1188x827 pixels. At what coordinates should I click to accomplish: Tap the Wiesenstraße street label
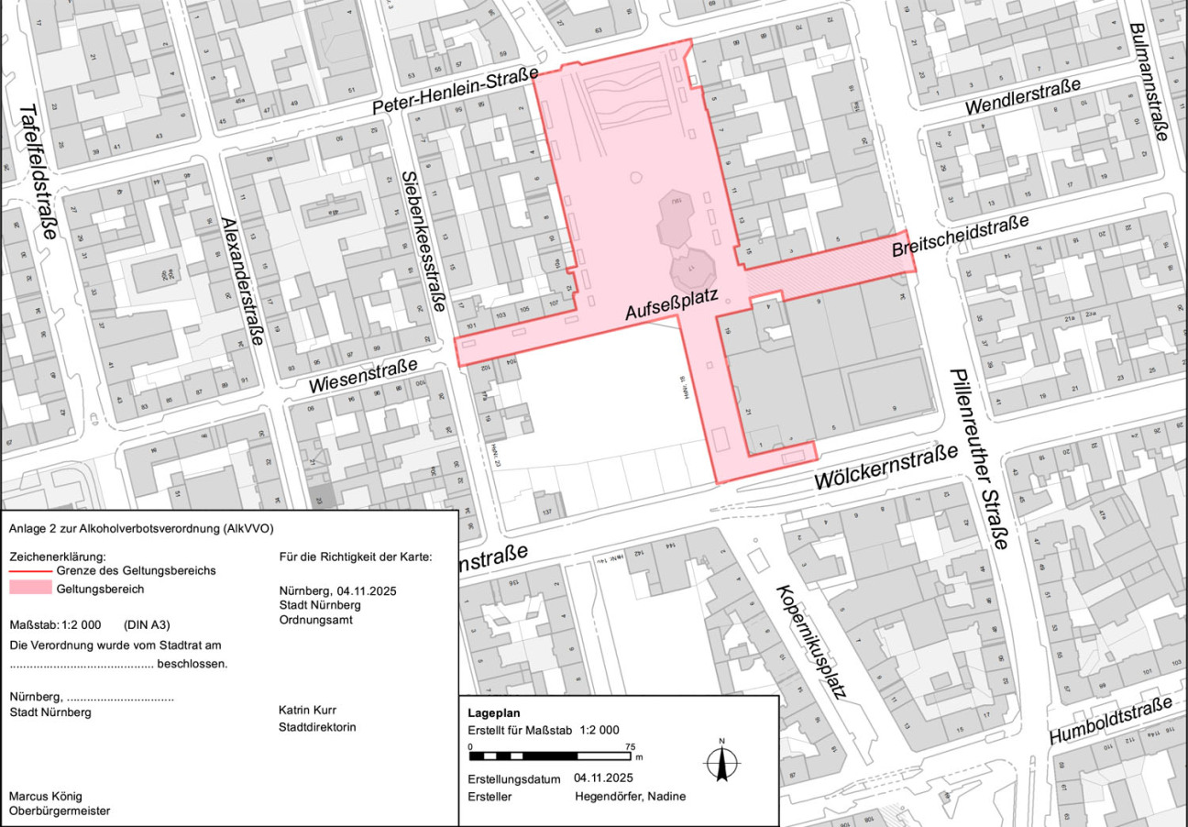(363, 376)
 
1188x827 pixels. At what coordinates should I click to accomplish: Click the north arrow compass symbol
(721, 762)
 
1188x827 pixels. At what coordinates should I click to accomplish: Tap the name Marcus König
(45, 795)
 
